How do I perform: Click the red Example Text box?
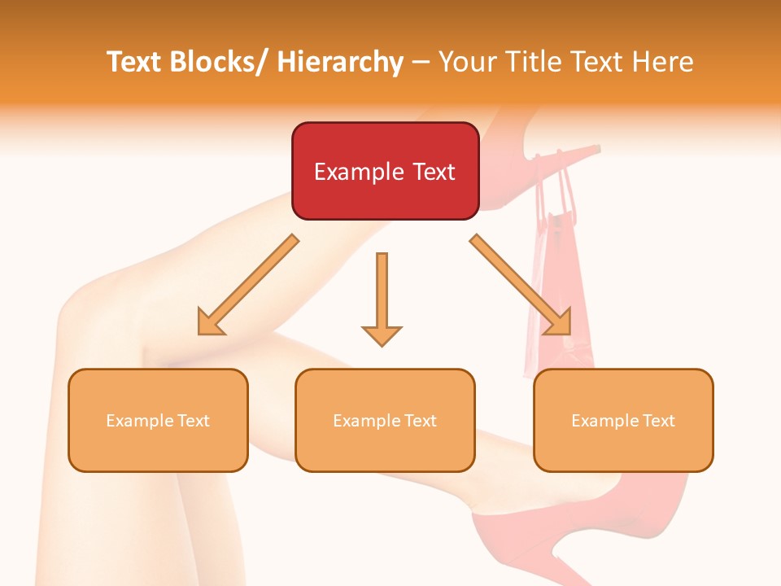tap(385, 171)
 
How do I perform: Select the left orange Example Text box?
tap(158, 420)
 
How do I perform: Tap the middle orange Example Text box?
tap(385, 420)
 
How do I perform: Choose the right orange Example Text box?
tap(623, 420)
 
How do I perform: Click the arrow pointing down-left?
tap(248, 286)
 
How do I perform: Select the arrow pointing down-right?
tap(521, 286)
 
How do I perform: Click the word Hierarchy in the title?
tap(340, 62)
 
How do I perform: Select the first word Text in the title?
tap(137, 62)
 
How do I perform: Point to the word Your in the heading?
tap(466, 62)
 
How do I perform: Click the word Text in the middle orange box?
tap(419, 421)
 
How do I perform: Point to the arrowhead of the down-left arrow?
tap(210, 323)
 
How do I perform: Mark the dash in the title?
tap(421, 63)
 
